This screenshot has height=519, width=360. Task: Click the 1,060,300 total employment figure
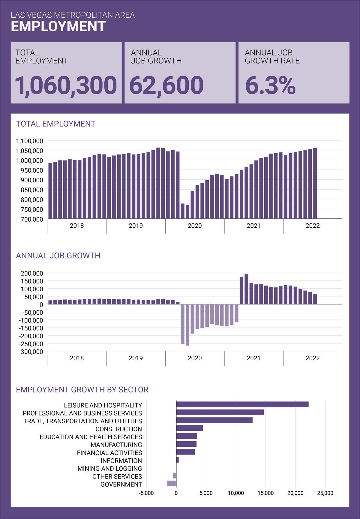click(x=66, y=85)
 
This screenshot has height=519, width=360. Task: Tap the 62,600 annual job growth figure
click(x=166, y=85)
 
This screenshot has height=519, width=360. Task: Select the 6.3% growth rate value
click(x=270, y=85)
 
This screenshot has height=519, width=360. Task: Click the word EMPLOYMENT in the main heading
click(x=58, y=26)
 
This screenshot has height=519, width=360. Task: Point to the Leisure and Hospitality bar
click(x=242, y=404)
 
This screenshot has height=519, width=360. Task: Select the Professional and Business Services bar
click(x=220, y=412)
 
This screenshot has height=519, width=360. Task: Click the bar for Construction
click(x=190, y=428)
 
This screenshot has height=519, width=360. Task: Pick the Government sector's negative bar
click(x=172, y=483)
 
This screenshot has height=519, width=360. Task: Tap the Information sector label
click(x=121, y=460)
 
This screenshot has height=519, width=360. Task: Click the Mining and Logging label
click(x=110, y=468)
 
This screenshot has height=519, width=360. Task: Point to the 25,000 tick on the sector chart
click(x=325, y=493)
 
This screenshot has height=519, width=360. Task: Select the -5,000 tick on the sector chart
click(x=146, y=493)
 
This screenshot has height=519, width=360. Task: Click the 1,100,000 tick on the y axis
click(x=30, y=141)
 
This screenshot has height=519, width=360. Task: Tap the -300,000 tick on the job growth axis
click(x=31, y=352)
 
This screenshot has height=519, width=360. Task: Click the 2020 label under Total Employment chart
click(x=195, y=226)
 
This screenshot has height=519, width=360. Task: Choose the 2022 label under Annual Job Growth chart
click(x=313, y=358)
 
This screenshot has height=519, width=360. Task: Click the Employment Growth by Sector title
click(x=82, y=389)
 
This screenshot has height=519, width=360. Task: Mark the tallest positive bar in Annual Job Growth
click(x=246, y=289)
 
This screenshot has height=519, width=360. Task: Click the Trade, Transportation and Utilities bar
click(x=214, y=420)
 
